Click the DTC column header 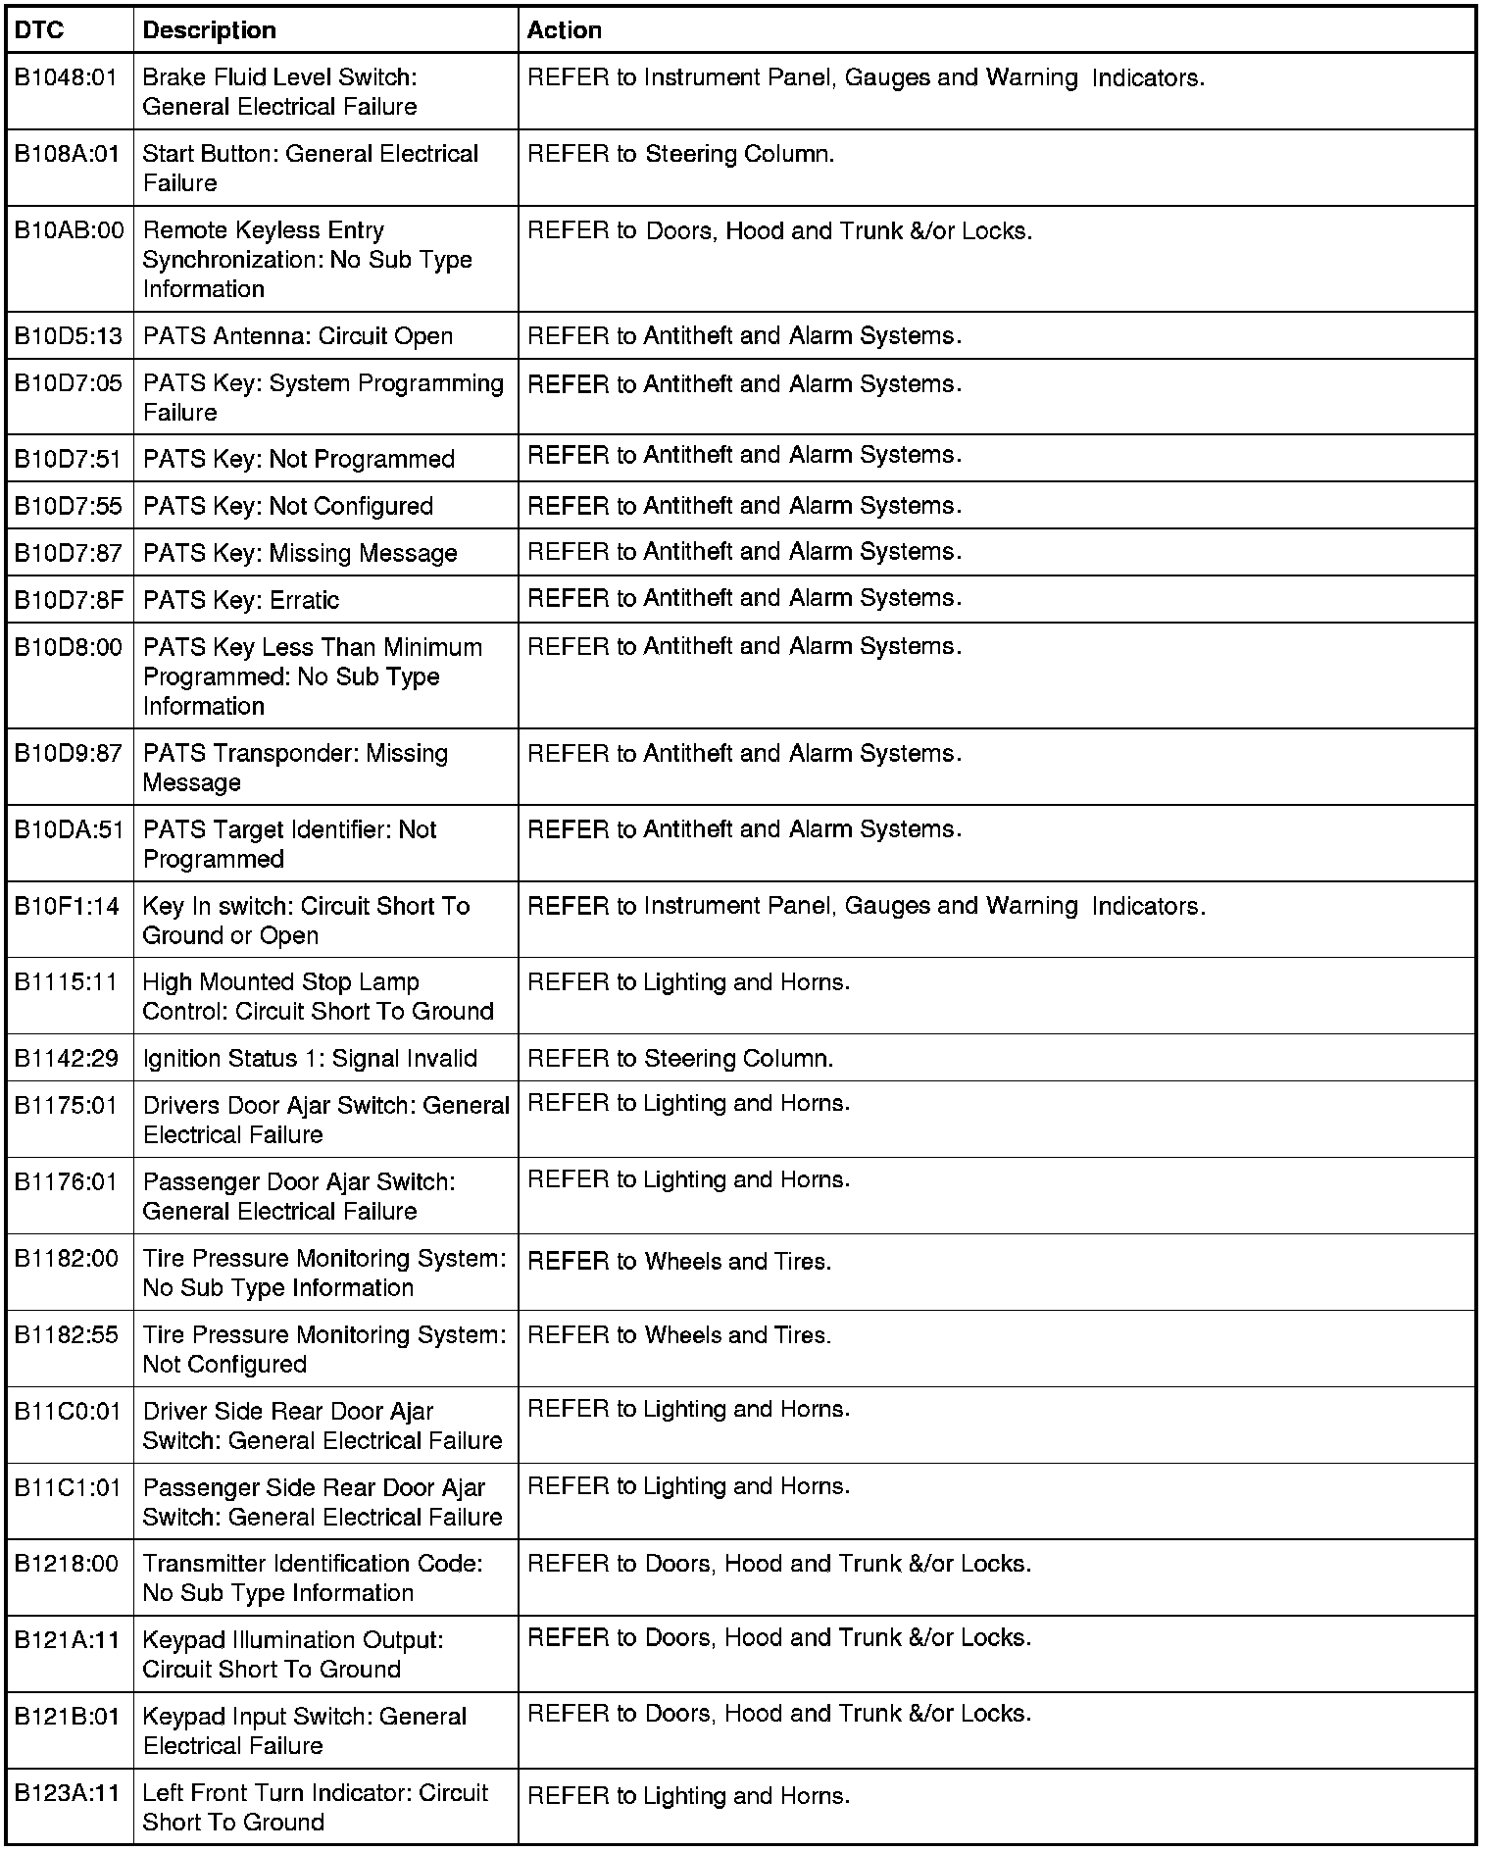(x=39, y=30)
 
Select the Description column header (x=209, y=30)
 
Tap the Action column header (x=564, y=30)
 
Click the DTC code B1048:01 (x=66, y=77)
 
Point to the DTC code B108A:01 (x=67, y=154)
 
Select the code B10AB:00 (x=69, y=230)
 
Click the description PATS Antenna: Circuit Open (x=298, y=336)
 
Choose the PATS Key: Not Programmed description (x=299, y=459)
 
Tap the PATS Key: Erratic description (x=241, y=600)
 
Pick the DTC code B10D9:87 (x=68, y=753)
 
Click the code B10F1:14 (x=66, y=906)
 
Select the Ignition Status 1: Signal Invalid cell (x=310, y=1059)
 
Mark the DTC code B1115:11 (x=66, y=982)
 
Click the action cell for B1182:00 (x=679, y=1262)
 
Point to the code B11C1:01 (x=67, y=1487)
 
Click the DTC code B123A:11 (x=67, y=1793)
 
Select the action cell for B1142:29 (x=680, y=1059)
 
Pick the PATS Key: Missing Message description (x=300, y=553)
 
